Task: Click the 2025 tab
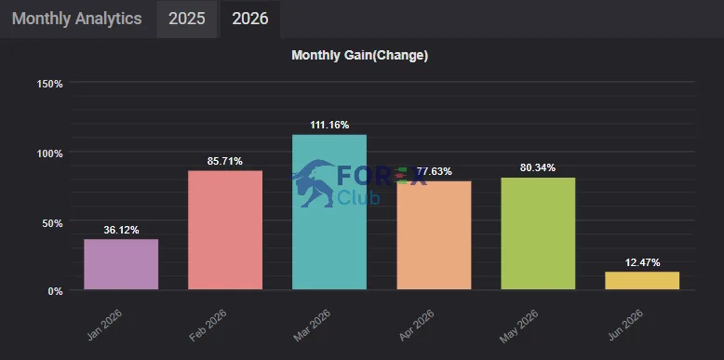(x=186, y=19)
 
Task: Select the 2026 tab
(x=249, y=19)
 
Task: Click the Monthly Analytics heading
(x=76, y=19)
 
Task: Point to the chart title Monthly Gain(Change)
(x=360, y=56)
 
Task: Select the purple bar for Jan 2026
(x=121, y=264)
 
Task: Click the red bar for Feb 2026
(x=225, y=231)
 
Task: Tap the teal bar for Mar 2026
(x=329, y=212)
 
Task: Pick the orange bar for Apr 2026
(x=434, y=235)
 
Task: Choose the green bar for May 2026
(x=539, y=233)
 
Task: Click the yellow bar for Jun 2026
(x=642, y=281)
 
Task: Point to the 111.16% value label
(x=329, y=125)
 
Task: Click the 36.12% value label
(x=121, y=230)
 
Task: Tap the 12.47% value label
(x=642, y=262)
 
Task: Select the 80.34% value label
(x=538, y=168)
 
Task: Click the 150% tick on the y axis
(x=49, y=84)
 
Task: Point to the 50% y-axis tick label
(x=52, y=223)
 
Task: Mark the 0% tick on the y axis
(x=55, y=292)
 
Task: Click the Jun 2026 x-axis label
(x=626, y=325)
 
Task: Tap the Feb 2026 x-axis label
(x=208, y=325)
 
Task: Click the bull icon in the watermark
(x=314, y=183)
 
